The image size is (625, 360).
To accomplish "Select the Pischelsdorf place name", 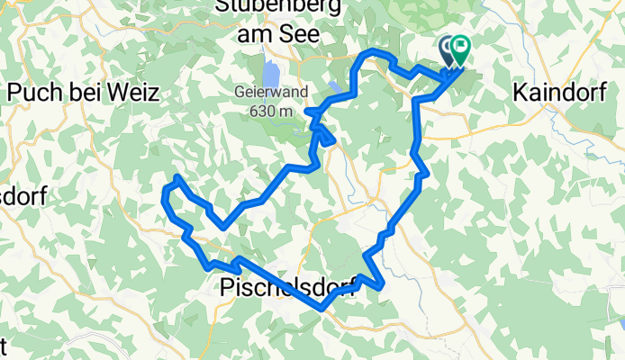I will tap(290, 287).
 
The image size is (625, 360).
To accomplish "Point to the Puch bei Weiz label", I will tap(83, 92).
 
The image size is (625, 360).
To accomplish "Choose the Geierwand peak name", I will tap(265, 92).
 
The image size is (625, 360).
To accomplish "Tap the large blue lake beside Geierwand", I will tap(271, 73).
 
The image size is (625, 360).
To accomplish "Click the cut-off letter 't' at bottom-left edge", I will tap(4, 346).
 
